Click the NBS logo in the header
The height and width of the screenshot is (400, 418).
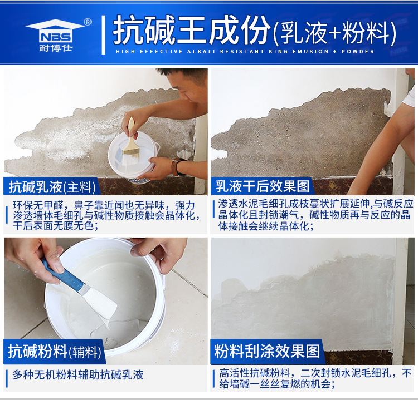click(x=55, y=31)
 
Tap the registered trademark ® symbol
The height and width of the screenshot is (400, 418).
click(x=88, y=22)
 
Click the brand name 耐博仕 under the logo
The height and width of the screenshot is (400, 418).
click(x=56, y=48)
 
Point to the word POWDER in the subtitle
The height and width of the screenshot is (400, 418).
click(x=358, y=51)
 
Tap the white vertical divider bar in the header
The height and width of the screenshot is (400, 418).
click(x=104, y=35)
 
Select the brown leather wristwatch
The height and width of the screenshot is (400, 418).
click(x=176, y=167)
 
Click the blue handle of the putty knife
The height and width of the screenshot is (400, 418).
click(x=62, y=275)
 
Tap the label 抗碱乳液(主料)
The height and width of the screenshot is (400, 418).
click(x=52, y=187)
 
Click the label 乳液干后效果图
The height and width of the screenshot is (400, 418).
click(x=263, y=186)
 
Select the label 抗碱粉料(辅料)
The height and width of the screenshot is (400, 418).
click(x=55, y=351)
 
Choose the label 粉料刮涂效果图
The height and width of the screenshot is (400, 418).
click(x=267, y=351)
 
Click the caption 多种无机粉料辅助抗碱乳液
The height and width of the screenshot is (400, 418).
click(x=78, y=375)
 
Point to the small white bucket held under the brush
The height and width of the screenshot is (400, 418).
click(x=133, y=157)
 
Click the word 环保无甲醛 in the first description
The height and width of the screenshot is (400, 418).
click(x=38, y=205)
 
